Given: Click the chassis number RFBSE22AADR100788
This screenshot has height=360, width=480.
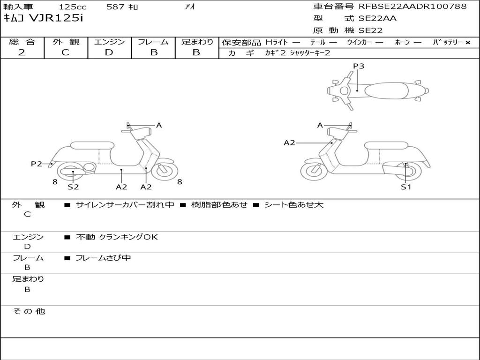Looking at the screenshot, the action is coord(412,7).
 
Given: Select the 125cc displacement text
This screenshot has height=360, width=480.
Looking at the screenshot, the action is coord(72,7).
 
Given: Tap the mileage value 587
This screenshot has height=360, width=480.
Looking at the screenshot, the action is coord(115,7).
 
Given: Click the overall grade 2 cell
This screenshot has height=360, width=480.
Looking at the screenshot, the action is coord(22,52).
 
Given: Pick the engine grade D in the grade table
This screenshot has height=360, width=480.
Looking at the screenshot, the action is coord(109,52).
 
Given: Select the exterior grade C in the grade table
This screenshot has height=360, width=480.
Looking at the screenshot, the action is coord(66,52).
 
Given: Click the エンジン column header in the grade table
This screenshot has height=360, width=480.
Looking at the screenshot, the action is coord(109,42).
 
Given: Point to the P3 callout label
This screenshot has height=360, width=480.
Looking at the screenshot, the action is coord(359,66).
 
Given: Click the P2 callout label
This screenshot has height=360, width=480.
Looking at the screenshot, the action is coord(37,164).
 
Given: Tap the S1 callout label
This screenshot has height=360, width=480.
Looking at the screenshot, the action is coord(405,187).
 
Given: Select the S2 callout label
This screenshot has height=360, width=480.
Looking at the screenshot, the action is coord(73,187).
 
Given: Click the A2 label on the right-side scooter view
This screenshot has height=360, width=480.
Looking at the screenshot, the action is coord(290,142).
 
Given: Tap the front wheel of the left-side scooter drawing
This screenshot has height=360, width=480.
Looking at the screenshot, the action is coord(165,171).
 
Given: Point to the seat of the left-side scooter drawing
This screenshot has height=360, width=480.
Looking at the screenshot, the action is coord(91,145).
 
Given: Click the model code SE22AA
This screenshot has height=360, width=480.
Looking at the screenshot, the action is coord(377,19).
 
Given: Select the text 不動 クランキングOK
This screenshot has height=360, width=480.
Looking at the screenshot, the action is coord(117,237).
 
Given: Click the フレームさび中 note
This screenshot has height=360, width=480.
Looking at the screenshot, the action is coord(103,258).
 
